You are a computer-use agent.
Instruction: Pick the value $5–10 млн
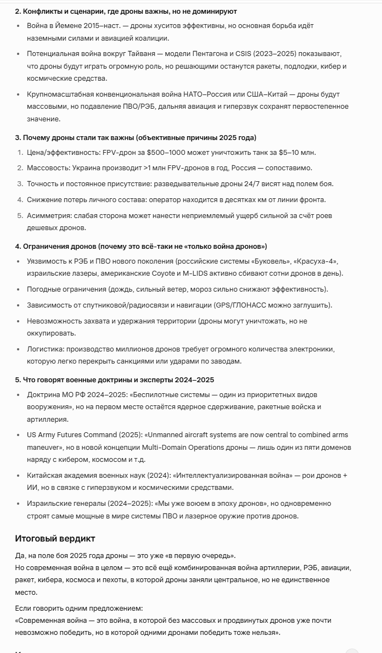(x=297, y=152)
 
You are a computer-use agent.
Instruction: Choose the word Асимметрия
(x=49, y=216)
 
